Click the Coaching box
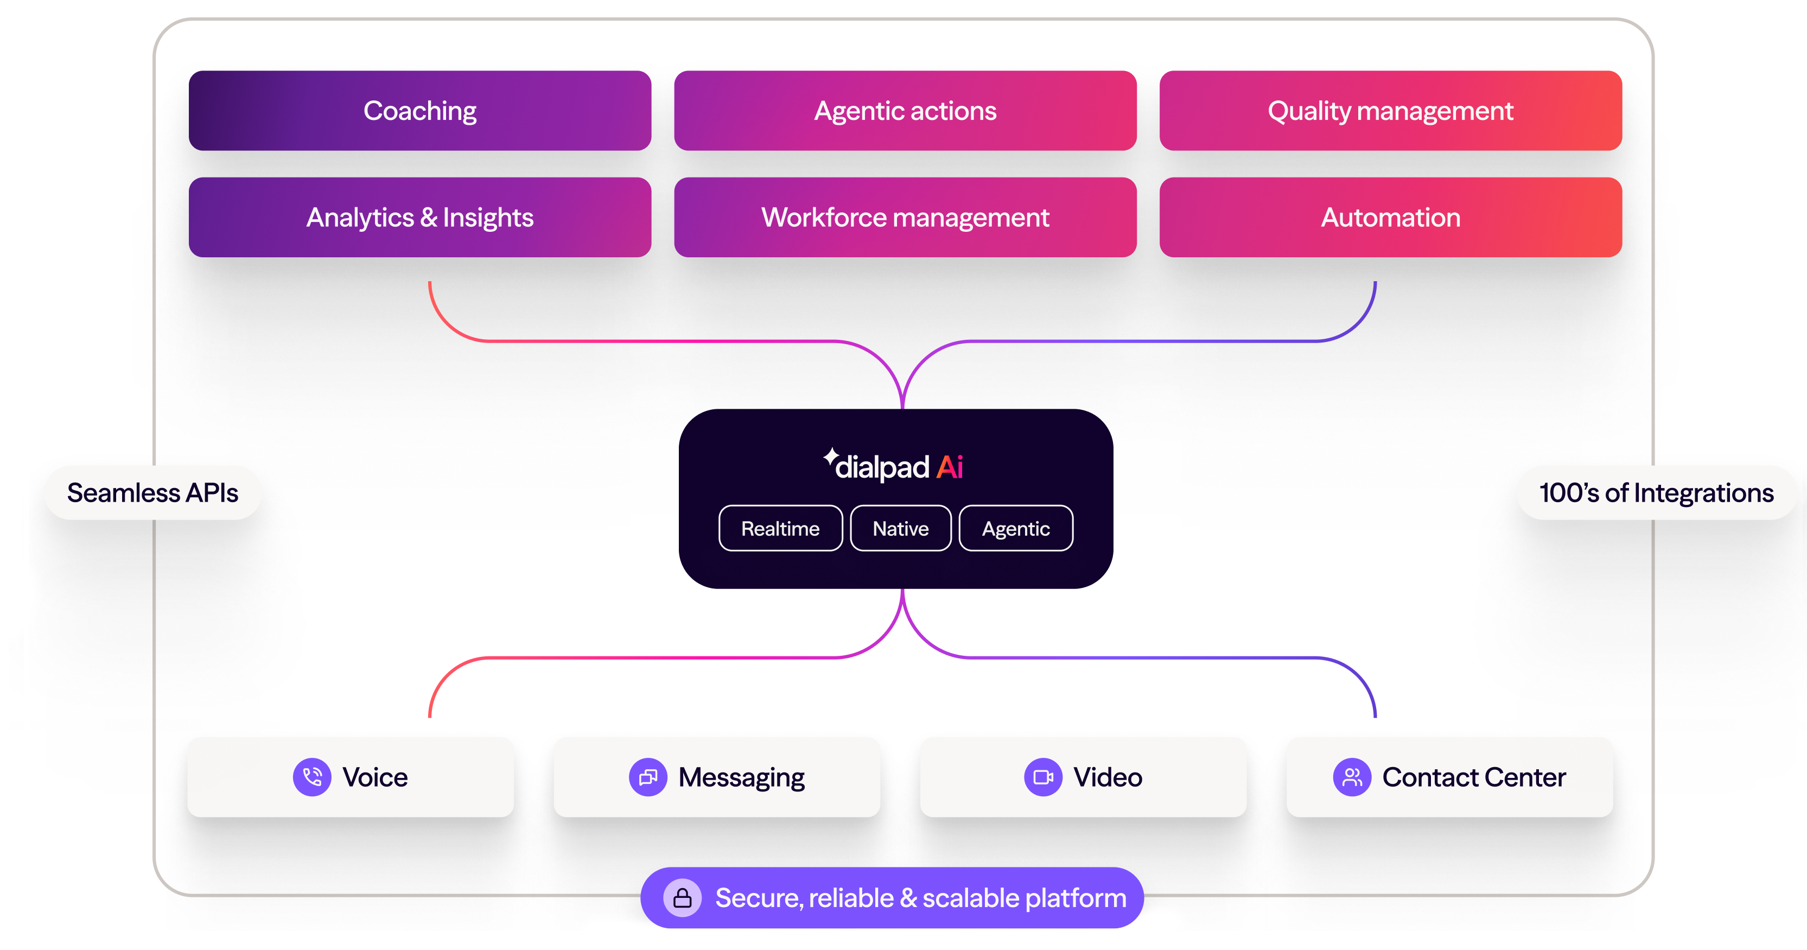pos(419,111)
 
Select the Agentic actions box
pos(905,111)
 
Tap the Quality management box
pos(1390,111)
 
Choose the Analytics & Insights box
pos(419,218)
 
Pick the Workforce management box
pos(905,218)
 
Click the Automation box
pos(1390,218)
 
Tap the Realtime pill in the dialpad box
pos(780,528)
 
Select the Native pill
pos(901,528)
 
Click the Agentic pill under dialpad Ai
pos(1016,528)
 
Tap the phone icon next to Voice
pos(312,777)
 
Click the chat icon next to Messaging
pos(647,777)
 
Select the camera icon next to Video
pos(1043,777)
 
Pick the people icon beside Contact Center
pos(1352,777)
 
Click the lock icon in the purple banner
pos(683,898)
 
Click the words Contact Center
pos(1474,777)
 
